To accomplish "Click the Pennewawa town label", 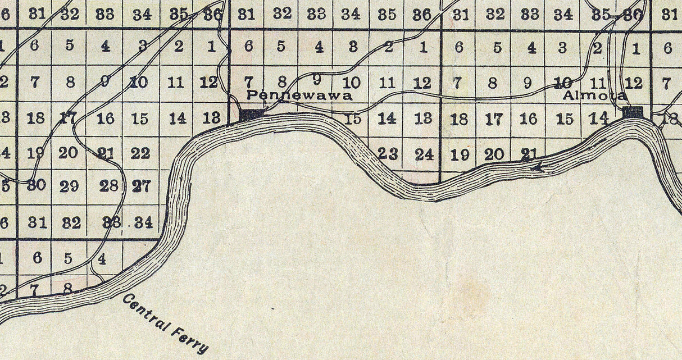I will coord(299,95).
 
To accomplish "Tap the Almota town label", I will coord(594,96).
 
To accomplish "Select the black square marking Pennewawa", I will coord(251,115).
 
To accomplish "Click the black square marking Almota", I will coord(633,112).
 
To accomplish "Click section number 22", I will coord(140,153).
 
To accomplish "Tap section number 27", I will coord(141,186).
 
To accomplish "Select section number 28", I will coord(108,186).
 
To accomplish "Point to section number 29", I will coord(69,186).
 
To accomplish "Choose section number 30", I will coord(36,185).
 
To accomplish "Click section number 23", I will coord(388,153).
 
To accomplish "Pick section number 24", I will coord(424,153).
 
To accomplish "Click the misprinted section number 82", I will coord(71,222).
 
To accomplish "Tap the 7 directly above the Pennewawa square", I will coord(249,82).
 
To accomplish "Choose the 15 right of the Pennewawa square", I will coord(352,119).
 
